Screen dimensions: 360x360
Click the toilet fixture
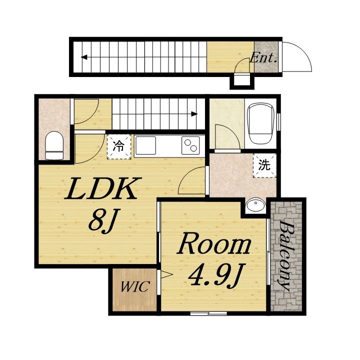pyautogui.click(x=54, y=145)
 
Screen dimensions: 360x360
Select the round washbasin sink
pyautogui.click(x=255, y=205)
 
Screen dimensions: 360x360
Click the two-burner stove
pyautogui.click(x=190, y=145)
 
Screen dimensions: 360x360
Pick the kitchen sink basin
pyautogui.click(x=146, y=145)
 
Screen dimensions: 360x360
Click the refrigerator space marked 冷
pyautogui.click(x=119, y=146)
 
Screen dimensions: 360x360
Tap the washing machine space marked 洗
pyautogui.click(x=264, y=165)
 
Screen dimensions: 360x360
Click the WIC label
pyautogui.click(x=135, y=286)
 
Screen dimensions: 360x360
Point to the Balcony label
pyautogui.click(x=286, y=256)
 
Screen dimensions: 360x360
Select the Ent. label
pyautogui.click(x=263, y=58)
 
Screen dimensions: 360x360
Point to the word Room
pyautogui.click(x=214, y=243)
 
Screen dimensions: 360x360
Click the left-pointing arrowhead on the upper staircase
pyautogui.click(x=84, y=57)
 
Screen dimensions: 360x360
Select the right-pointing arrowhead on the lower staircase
pyautogui.click(x=194, y=114)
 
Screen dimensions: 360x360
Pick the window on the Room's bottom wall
pyautogui.click(x=208, y=313)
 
